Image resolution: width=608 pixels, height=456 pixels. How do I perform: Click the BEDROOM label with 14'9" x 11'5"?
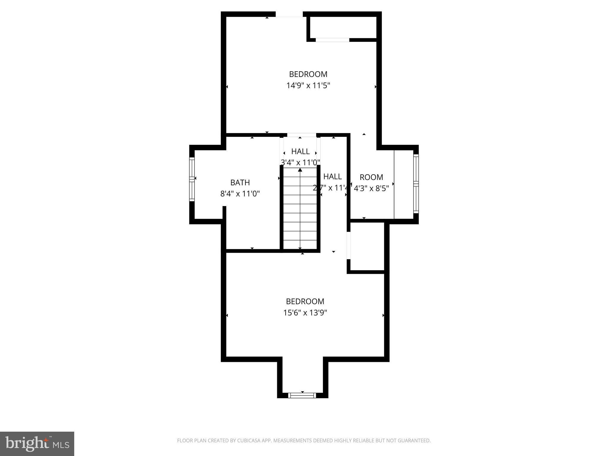pos(308,74)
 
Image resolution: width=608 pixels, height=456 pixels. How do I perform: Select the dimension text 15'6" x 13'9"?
pos(305,313)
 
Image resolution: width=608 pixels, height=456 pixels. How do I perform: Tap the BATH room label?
pos(240,183)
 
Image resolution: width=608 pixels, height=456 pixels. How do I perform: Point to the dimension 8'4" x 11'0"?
pos(240,194)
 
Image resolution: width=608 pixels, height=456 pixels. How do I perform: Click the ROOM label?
pos(371,177)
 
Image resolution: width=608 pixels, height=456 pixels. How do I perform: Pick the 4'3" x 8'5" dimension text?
pos(371,189)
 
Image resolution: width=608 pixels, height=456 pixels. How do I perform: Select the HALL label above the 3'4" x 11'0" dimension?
pos(300,151)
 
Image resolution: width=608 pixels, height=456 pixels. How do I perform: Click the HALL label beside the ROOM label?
pos(332,176)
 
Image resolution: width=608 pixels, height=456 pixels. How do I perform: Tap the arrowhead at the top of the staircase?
pos(300,170)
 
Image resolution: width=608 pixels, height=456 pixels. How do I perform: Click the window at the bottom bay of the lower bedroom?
pos(302,395)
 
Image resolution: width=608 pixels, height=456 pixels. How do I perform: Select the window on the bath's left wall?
pos(192,179)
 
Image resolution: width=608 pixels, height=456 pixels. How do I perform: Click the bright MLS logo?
pos(37,444)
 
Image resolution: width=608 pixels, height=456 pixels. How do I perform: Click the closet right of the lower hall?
pos(368,246)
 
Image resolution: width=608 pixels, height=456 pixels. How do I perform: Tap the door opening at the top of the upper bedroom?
pos(289,15)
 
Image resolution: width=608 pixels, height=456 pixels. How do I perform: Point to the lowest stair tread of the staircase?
pos(300,245)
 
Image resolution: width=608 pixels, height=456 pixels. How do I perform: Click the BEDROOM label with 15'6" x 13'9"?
pos(305,301)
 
